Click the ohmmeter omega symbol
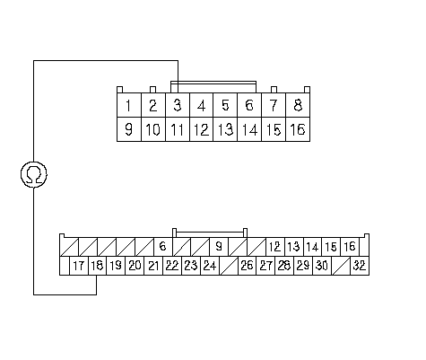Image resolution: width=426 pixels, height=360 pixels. coord(34,174)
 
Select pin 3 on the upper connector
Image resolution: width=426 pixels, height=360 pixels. coord(178,105)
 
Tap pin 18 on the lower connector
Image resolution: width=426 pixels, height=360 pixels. coord(97,266)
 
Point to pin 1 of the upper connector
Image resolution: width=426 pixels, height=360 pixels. coord(128,105)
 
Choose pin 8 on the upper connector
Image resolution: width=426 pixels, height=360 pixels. coord(298,105)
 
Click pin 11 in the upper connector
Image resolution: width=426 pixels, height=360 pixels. coord(178,129)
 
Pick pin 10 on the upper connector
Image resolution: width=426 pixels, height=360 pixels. coord(153,129)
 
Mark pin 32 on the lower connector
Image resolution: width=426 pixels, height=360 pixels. coord(360,266)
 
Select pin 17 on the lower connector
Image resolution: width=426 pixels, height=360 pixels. coord(79,266)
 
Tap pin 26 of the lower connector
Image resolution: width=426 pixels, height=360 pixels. coord(247,266)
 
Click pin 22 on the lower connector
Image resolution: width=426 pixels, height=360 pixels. coord(172,266)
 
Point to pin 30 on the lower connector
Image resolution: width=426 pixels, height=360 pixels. coord(322,266)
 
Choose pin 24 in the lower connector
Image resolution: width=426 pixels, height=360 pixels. coord(210,266)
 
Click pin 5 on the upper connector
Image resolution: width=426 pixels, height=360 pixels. coord(225,105)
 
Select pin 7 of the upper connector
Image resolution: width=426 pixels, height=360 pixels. coord(274,105)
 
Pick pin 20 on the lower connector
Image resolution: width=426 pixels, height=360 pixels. coord(135,266)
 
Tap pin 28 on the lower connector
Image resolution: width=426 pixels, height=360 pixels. coord(284,266)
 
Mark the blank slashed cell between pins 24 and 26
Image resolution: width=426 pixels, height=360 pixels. coord(229,266)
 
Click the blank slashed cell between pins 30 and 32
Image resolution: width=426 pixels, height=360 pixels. coord(341,266)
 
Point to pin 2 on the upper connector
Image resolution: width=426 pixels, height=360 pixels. coord(153,105)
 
